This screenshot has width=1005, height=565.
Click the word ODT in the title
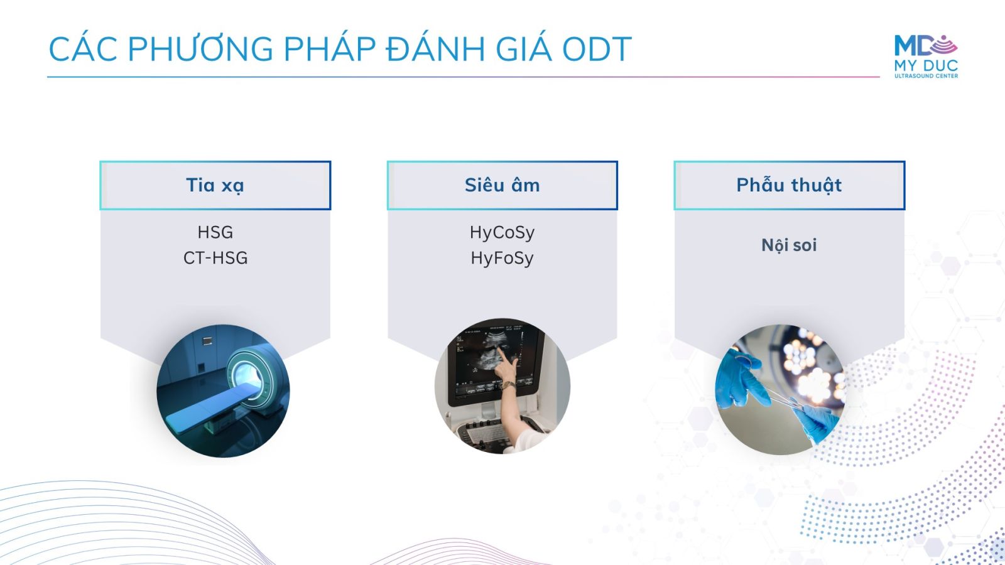pyautogui.click(x=597, y=49)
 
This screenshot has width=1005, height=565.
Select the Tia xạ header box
pyautogui.click(x=215, y=185)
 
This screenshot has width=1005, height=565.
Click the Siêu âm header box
pyautogui.click(x=502, y=185)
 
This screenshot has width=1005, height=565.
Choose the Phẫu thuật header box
pyautogui.click(x=789, y=185)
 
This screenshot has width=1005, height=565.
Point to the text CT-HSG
pyautogui.click(x=215, y=258)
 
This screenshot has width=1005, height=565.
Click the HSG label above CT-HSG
pyautogui.click(x=215, y=232)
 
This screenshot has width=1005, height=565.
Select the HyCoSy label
pyautogui.click(x=502, y=233)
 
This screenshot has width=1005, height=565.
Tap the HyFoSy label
pyautogui.click(x=502, y=258)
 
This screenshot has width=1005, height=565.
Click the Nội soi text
pyautogui.click(x=789, y=245)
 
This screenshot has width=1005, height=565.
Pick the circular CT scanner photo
pyautogui.click(x=223, y=390)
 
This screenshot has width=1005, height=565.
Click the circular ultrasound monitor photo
pyautogui.click(x=503, y=386)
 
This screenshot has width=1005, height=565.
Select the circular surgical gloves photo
pyautogui.click(x=780, y=390)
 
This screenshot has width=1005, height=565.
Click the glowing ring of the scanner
pyautogui.click(x=248, y=374)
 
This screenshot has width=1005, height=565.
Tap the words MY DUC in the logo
pyautogui.click(x=926, y=65)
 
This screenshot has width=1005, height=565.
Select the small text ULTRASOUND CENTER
pyautogui.click(x=926, y=76)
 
